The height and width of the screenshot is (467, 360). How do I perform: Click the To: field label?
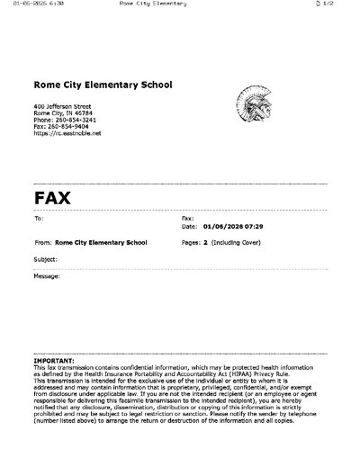coord(38,219)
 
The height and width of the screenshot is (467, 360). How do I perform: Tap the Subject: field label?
coord(45,258)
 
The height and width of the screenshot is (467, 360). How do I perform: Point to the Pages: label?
coord(191,242)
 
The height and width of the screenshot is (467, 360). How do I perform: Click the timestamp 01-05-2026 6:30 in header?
coord(31,4)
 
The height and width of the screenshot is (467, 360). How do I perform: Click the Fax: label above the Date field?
coord(187,219)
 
